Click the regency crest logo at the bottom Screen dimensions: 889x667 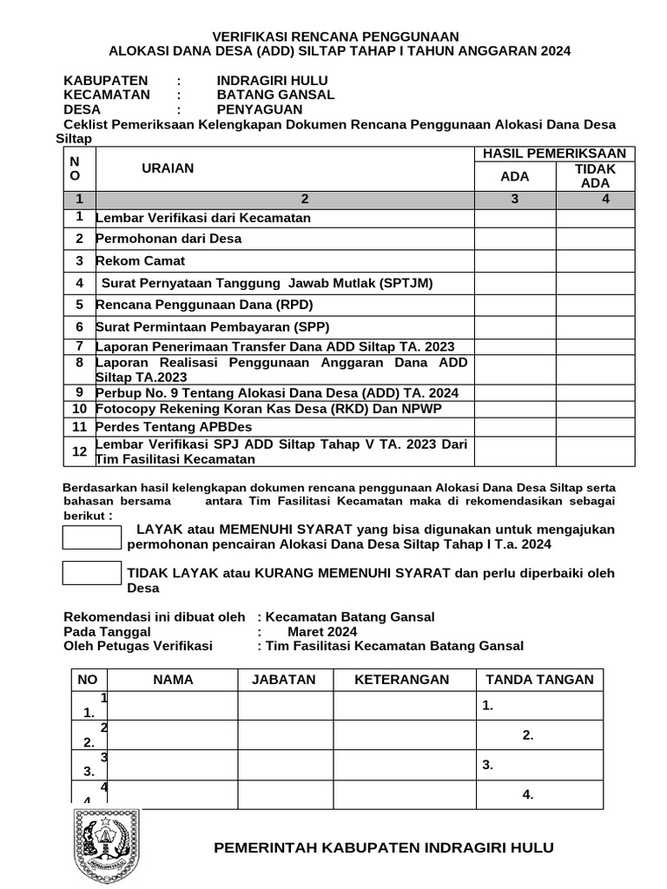pyautogui.click(x=106, y=847)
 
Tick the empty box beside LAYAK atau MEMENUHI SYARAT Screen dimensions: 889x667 pyautogui.click(x=92, y=537)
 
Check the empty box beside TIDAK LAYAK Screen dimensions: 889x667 pyautogui.click(x=92, y=573)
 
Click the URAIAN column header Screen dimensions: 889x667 pyautogui.click(x=168, y=168)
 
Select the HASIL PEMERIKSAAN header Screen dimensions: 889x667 pyautogui.click(x=554, y=154)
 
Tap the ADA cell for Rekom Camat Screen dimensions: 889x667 pyautogui.click(x=515, y=260)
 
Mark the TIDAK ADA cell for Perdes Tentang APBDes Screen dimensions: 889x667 pyautogui.click(x=595, y=427)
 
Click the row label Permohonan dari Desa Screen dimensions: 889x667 pyautogui.click(x=168, y=238)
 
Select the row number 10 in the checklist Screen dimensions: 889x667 pyautogui.click(x=79, y=408)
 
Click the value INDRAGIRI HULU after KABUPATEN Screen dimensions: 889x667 pyautogui.click(x=272, y=81)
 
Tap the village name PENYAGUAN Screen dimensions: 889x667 pyautogui.click(x=260, y=109)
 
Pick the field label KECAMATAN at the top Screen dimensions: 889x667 pyautogui.click(x=107, y=95)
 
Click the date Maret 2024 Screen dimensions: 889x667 pyautogui.click(x=322, y=632)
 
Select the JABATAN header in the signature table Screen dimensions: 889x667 pyautogui.click(x=284, y=680)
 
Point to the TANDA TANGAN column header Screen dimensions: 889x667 pyautogui.click(x=539, y=680)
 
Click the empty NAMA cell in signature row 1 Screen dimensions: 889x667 pyautogui.click(x=173, y=706)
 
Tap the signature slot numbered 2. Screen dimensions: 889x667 pyautogui.click(x=528, y=735)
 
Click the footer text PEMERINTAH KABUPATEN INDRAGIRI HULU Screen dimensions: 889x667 pyautogui.click(x=384, y=847)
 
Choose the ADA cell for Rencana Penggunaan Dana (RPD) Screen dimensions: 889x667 pyautogui.click(x=515, y=305)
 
